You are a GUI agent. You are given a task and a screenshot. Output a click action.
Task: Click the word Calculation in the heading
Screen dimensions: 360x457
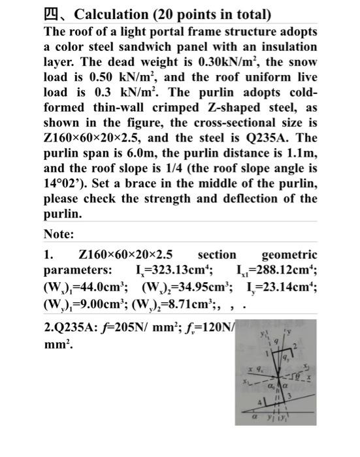(x=105, y=14)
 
